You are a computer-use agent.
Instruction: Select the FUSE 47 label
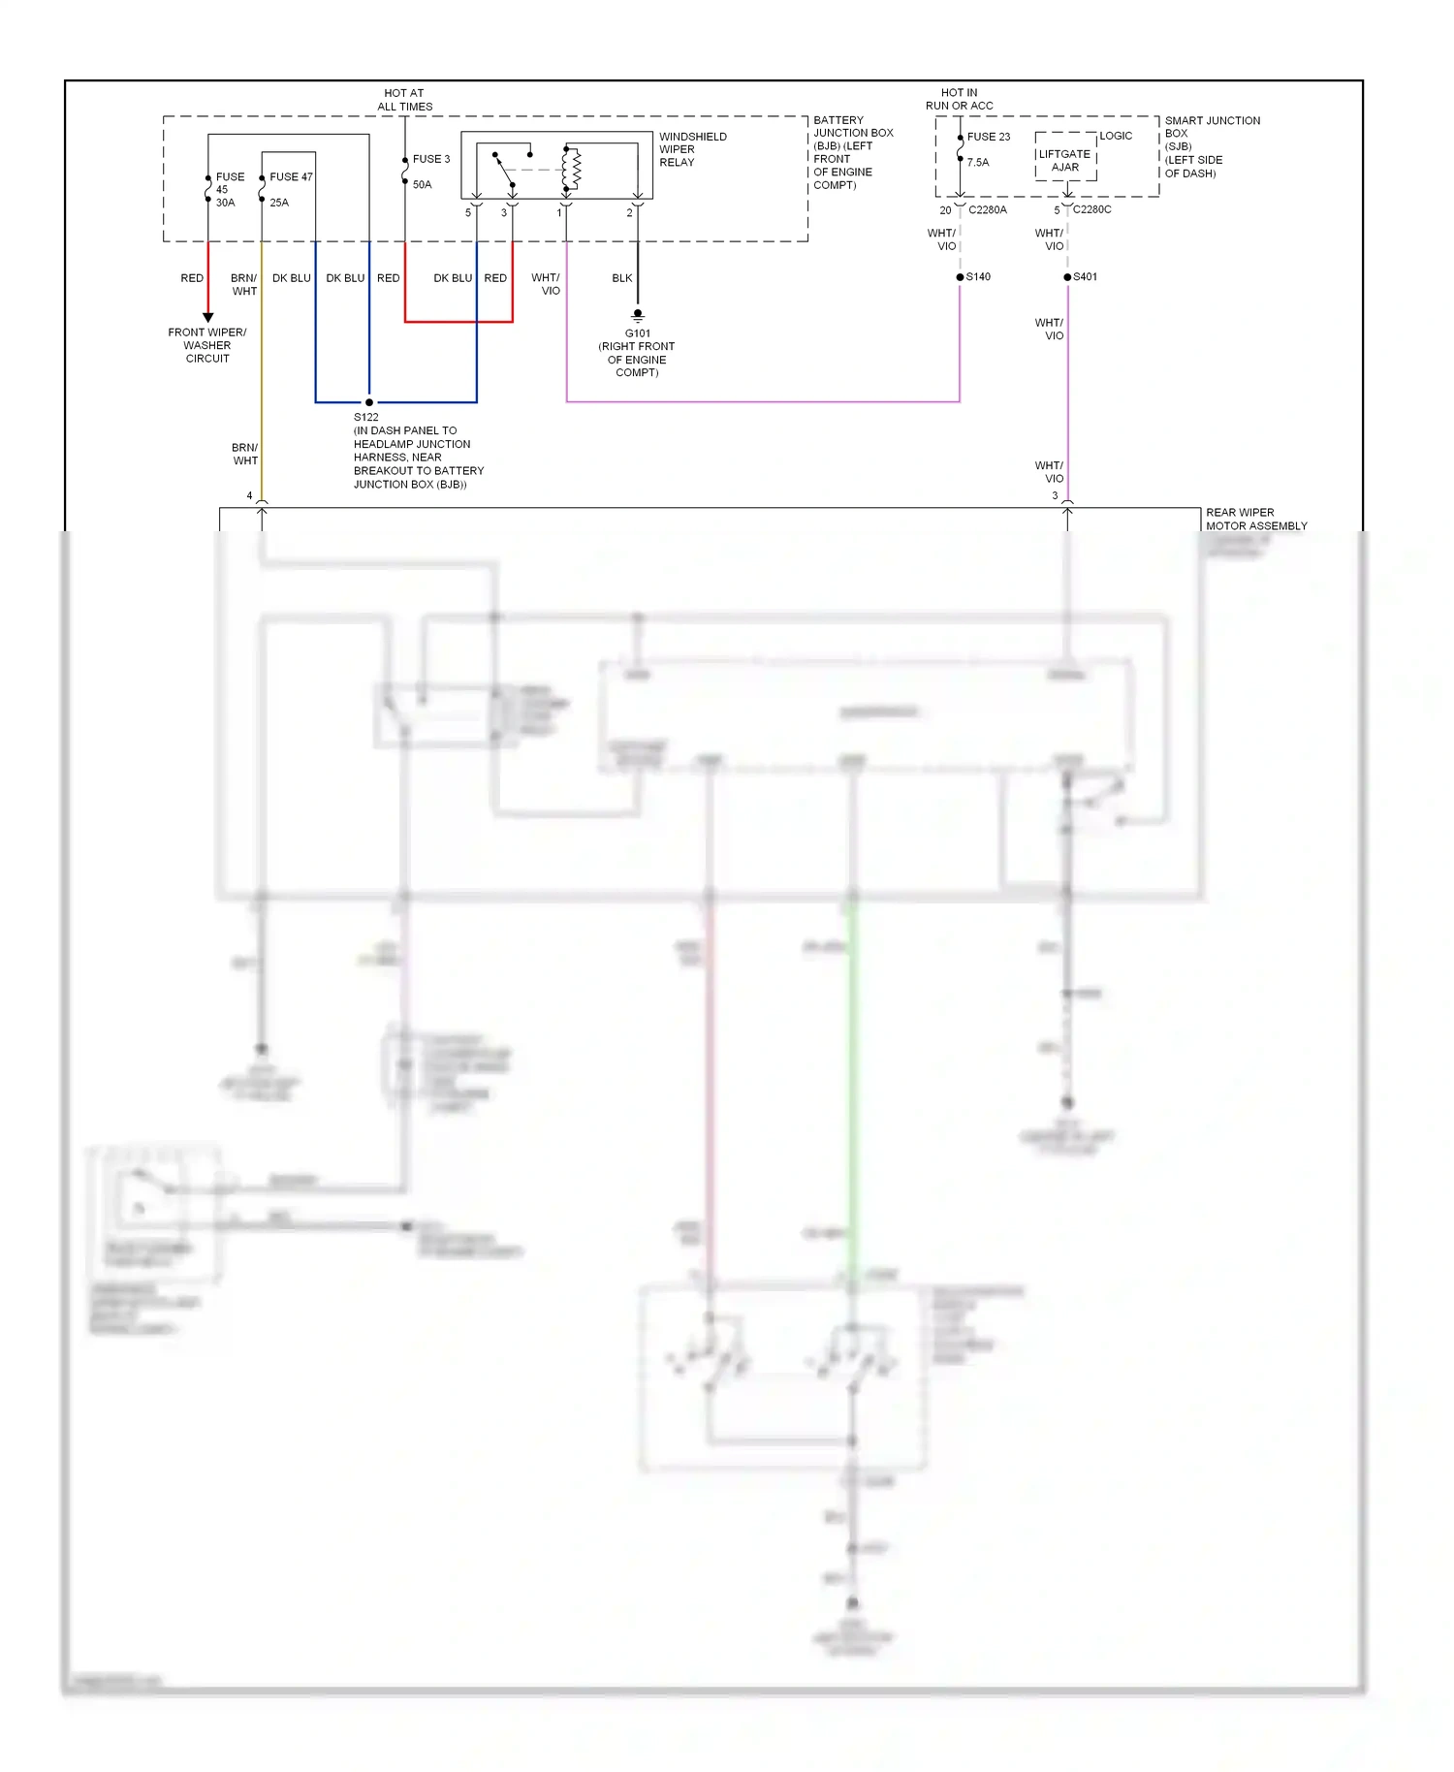291,177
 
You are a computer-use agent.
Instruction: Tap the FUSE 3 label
431,159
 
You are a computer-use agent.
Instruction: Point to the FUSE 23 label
988,137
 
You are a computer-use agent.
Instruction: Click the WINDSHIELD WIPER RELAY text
692,149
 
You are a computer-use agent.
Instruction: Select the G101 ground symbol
638,315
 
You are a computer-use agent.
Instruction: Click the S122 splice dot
369,402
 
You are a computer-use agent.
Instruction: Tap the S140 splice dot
960,277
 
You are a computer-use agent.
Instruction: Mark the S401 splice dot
1067,277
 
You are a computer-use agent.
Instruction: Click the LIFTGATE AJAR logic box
1065,160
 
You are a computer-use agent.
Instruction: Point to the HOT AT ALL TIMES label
404,100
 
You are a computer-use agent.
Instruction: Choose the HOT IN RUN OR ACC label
959,99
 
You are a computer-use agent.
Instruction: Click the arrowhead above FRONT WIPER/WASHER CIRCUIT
207,317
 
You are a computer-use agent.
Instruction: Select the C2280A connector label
987,210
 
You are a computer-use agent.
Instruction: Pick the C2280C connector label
1091,209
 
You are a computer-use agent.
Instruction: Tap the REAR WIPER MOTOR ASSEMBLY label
1255,519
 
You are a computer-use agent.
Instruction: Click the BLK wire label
621,278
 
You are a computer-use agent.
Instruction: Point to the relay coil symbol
572,169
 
